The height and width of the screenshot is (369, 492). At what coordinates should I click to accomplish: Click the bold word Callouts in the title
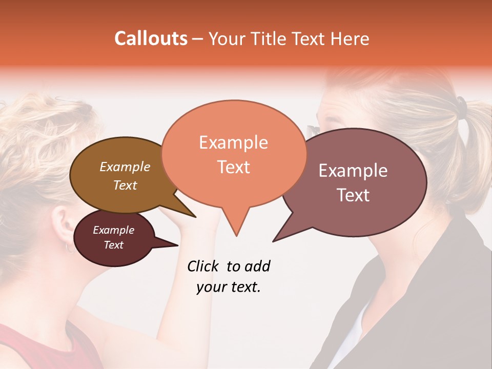[x=151, y=38]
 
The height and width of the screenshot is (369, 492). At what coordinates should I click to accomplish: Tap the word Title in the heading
[x=269, y=39]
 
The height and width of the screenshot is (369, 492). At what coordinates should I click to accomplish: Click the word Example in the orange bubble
[x=233, y=142]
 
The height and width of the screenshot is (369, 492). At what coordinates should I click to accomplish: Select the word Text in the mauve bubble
[x=354, y=195]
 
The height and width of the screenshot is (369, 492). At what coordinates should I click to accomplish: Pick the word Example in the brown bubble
[x=125, y=167]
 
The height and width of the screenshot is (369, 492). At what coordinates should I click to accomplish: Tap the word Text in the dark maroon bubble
[x=113, y=245]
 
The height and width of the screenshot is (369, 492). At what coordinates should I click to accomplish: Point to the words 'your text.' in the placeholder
[x=229, y=287]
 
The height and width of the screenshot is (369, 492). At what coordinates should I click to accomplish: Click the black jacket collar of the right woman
[x=374, y=287]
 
